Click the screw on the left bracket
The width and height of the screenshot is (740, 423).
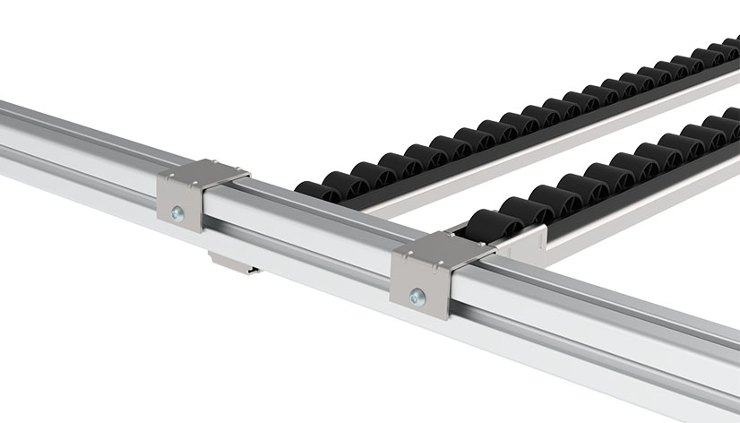click(x=178, y=213)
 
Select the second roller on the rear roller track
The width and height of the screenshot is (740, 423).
click(x=347, y=178)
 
